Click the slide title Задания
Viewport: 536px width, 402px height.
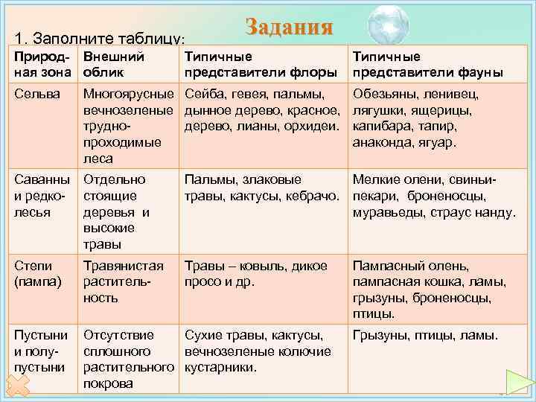pyautogui.click(x=288, y=28)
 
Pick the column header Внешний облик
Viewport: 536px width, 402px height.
pyautogui.click(x=113, y=64)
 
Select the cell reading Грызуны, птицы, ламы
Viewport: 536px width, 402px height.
pyautogui.click(x=425, y=335)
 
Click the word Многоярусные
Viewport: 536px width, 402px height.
pyautogui.click(x=130, y=95)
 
